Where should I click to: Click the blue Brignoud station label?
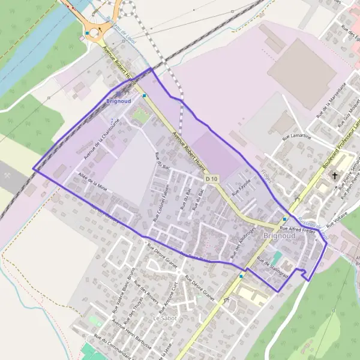[118, 101]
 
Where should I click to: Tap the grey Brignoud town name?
[280, 236]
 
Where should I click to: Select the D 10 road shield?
[212, 179]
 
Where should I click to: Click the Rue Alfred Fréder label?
[297, 230]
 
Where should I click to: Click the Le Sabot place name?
[164, 317]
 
